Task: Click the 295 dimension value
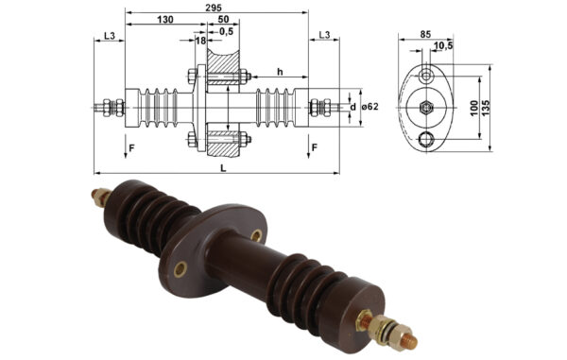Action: pyautogui.click(x=215, y=8)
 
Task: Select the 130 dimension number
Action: pyautogui.click(x=164, y=20)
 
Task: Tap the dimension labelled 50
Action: pyautogui.click(x=221, y=20)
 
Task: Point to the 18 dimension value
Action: pyautogui.click(x=200, y=41)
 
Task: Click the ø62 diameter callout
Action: pyautogui.click(x=369, y=105)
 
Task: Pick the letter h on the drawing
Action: pyautogui.click(x=281, y=72)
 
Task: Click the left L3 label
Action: pyautogui.click(x=109, y=35)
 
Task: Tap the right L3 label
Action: pyautogui.click(x=323, y=35)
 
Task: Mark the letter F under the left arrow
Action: pyautogui.click(x=131, y=147)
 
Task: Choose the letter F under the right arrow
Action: pyautogui.click(x=314, y=147)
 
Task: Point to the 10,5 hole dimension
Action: pyautogui.click(x=442, y=45)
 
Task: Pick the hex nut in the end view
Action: pyautogui.click(x=427, y=108)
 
